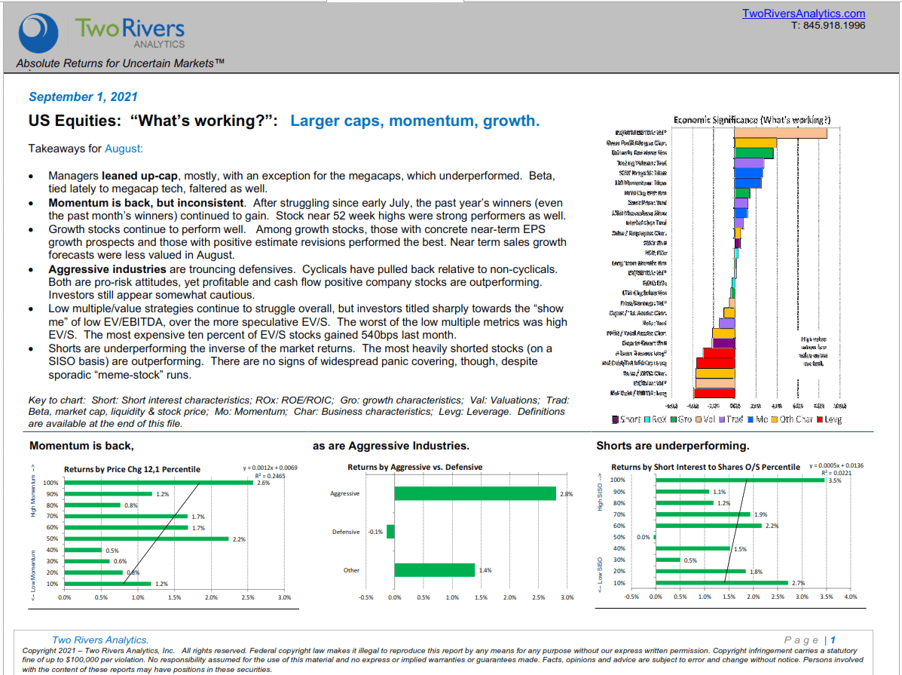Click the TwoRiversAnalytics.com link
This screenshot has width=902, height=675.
click(803, 14)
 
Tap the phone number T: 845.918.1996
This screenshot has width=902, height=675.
click(828, 25)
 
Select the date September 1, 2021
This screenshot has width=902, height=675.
click(83, 97)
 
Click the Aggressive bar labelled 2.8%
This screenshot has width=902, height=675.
click(475, 493)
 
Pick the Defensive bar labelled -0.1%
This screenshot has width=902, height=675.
click(390, 532)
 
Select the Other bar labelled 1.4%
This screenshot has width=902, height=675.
click(434, 570)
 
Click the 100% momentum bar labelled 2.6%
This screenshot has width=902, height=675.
click(158, 483)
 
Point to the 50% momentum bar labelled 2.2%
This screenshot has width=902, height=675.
click(146, 538)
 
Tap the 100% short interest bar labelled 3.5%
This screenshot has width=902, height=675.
click(741, 480)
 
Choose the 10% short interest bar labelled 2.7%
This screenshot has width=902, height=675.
click(721, 583)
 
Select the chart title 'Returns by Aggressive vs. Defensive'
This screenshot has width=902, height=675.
click(414, 468)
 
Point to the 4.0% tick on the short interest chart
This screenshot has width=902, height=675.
click(851, 597)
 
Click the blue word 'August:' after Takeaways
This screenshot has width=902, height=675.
click(124, 149)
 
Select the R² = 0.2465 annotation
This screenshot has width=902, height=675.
click(255, 477)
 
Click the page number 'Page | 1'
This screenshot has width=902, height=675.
click(809, 640)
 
